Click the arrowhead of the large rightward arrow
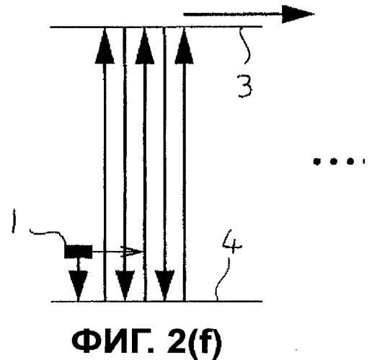coord(298,14)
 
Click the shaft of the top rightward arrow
coord(233,14)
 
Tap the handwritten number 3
coord(245,86)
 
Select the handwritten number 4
coord(231,242)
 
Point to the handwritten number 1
coord(14,221)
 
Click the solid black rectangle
coord(78,252)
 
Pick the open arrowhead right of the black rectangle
coord(132,252)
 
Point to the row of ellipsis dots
coord(340,161)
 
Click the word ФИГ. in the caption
coord(112,342)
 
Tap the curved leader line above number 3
coord(245,45)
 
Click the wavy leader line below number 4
coord(222,279)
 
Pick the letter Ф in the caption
coord(85,342)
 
